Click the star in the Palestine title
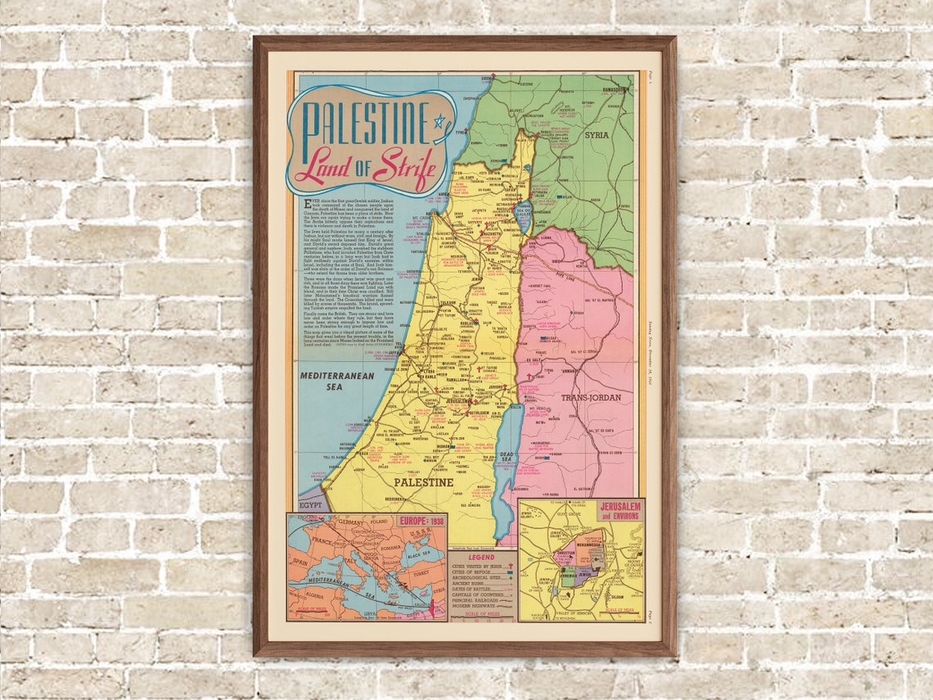pos(440,122)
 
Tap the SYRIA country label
pos(597,134)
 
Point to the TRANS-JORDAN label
pos(590,397)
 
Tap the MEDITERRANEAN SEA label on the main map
pos(336,381)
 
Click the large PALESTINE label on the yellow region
pos(424,482)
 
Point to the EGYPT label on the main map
pos(310,505)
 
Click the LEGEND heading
pos(481,557)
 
